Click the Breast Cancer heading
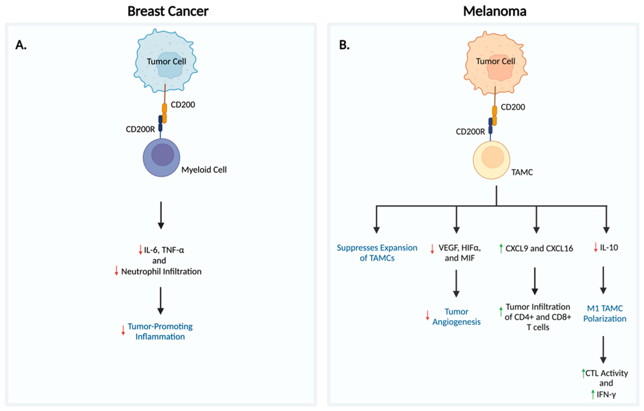(168, 11)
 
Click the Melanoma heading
(494, 11)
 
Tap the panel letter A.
(21, 45)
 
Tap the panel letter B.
(344, 45)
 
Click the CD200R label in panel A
(140, 129)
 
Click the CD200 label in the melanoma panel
(513, 107)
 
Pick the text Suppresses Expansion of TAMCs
(377, 253)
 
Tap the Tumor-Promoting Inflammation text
(160, 331)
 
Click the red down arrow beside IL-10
(596, 247)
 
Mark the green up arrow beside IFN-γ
(593, 394)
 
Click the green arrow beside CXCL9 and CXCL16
(501, 248)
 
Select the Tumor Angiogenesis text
(456, 317)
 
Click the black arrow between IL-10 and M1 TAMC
(603, 280)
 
